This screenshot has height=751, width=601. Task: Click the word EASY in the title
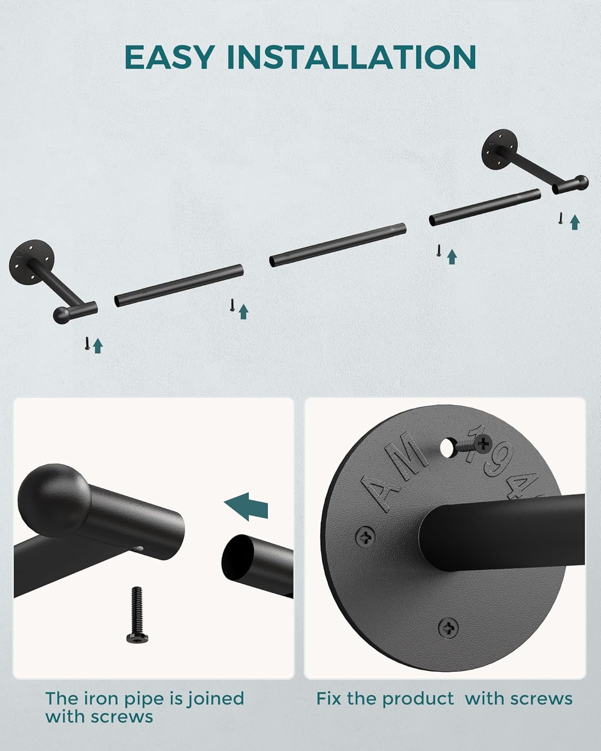tap(169, 57)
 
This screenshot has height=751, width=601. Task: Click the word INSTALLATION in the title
tap(352, 57)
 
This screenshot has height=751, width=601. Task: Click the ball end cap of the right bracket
tap(581, 183)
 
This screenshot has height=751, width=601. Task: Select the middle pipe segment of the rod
tap(338, 245)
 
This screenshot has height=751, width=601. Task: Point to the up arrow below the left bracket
tap(98, 345)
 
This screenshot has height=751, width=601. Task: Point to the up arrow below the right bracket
tap(575, 222)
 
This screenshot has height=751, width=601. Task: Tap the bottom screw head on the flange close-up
tap(448, 628)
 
